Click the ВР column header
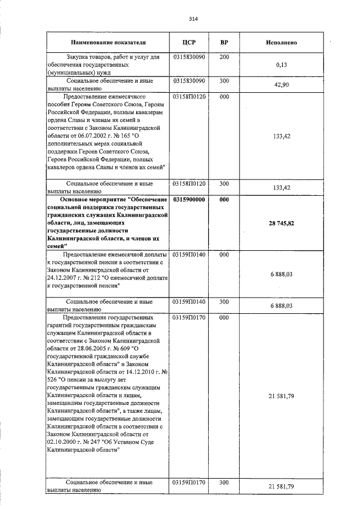224,42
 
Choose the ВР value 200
224,57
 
